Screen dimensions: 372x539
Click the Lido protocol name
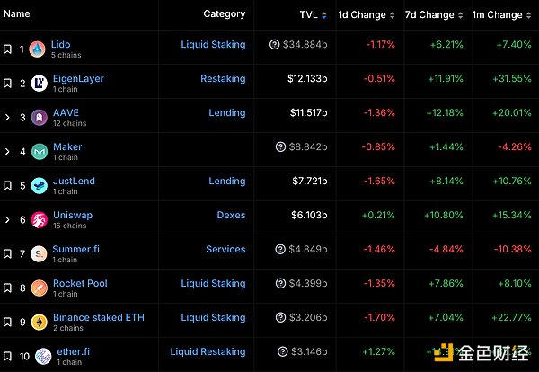point(61,44)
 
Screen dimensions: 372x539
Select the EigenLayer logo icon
point(39,84)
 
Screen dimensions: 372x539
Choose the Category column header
point(224,14)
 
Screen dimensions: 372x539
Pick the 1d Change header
point(362,14)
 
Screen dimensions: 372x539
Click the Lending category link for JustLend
point(227,182)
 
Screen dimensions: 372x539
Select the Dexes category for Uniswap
point(231,216)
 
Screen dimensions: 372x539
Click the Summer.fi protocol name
point(72,249)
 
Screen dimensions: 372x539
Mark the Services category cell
point(225,250)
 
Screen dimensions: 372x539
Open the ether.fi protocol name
point(70,351)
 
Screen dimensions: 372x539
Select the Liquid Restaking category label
point(208,352)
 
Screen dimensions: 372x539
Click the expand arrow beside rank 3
point(7,118)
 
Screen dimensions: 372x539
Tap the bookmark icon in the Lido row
point(7,49)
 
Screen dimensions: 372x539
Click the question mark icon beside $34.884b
point(274,45)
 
